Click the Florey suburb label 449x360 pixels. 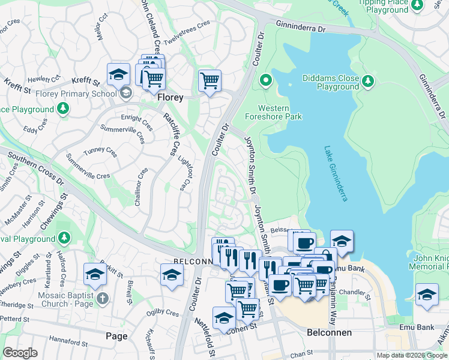pyautogui.click(x=170, y=97)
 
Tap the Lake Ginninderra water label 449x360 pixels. pyautogui.click(x=336, y=173)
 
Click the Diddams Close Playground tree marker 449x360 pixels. pyautogui.click(x=368, y=80)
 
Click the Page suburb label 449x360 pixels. pyautogui.click(x=116, y=336)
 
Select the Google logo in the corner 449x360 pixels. pyautogui.click(x=20, y=353)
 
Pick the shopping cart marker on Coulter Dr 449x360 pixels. pyautogui.click(x=209, y=80)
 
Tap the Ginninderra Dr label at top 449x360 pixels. pyautogui.click(x=300, y=27)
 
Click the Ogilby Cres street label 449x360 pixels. pyautogui.click(x=163, y=313)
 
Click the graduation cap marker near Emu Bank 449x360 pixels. pyautogui.click(x=427, y=295)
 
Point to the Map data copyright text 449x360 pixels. pyautogui.click(x=412, y=355)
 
